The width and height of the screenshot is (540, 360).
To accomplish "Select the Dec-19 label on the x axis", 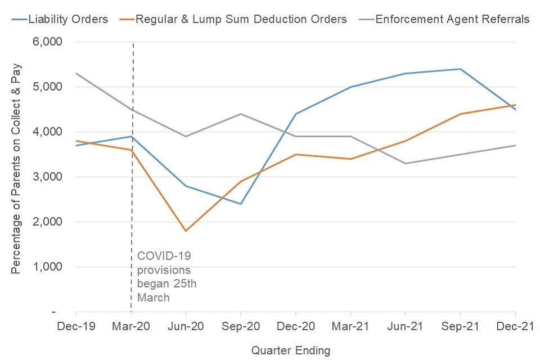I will (x=76, y=326).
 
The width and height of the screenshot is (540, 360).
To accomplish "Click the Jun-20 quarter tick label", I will (x=186, y=326).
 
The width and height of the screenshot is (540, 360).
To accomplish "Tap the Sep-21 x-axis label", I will (x=461, y=326).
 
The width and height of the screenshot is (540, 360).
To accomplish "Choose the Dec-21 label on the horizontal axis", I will (x=515, y=326).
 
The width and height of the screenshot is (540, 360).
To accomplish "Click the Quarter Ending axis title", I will (x=291, y=350).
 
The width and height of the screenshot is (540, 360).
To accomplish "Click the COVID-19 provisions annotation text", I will (x=166, y=276).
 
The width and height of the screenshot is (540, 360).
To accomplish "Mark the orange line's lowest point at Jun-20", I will (x=186, y=231).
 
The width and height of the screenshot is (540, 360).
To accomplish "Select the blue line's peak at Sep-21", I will (x=461, y=69).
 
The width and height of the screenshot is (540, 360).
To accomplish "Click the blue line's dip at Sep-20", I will (x=241, y=204).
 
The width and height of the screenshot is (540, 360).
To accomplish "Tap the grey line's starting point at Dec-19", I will (x=76, y=74).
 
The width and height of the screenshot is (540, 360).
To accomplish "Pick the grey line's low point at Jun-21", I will (x=406, y=164).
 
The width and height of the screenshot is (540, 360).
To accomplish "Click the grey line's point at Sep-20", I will (x=241, y=114).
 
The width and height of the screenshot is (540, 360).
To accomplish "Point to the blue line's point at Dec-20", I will (x=296, y=114).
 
